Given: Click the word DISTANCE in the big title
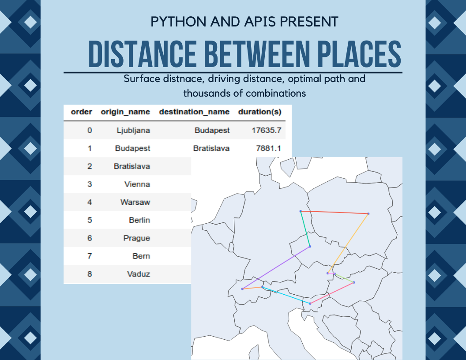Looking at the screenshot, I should (142, 55).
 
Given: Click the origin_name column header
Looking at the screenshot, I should (125, 112).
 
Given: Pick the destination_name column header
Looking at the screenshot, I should (194, 112).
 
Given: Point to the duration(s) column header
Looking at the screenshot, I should (259, 112).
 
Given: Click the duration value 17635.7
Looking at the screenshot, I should (267, 130).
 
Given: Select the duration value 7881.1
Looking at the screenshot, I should (269, 148).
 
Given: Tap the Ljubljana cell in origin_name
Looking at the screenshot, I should (133, 130).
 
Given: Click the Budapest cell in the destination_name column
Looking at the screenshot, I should (212, 130).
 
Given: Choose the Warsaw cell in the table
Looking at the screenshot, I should (135, 202).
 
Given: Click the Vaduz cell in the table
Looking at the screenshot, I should (139, 274).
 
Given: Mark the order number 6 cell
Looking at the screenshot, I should (90, 238).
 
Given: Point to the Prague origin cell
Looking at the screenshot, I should (136, 238).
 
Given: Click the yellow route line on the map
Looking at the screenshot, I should (349, 243).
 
